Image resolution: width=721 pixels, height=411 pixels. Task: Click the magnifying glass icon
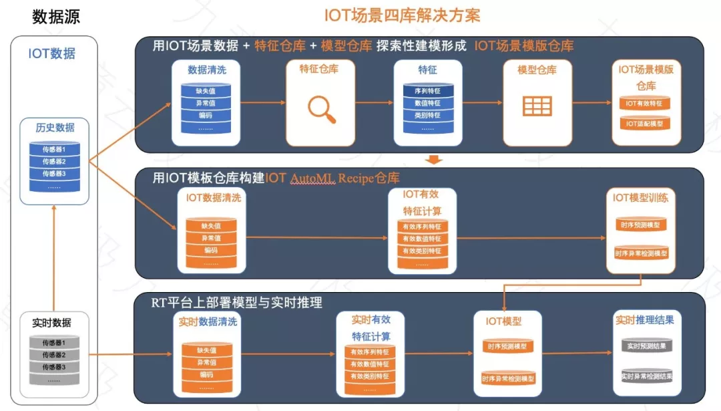[x=322, y=110]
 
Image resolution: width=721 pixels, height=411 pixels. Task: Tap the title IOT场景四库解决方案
[x=402, y=15]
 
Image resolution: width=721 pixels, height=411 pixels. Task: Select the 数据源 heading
[x=56, y=17]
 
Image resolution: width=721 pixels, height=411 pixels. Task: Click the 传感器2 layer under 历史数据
[x=54, y=161]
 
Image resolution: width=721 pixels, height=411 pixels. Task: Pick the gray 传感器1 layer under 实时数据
[x=54, y=343]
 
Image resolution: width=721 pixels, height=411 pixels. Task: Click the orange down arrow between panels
[x=435, y=160]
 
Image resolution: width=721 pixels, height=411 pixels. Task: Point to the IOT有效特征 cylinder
[x=645, y=103]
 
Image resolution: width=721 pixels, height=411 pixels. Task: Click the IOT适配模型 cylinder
[x=645, y=124]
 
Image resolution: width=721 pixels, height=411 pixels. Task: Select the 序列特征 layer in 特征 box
[x=428, y=91]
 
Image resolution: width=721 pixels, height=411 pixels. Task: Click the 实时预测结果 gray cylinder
[x=646, y=346]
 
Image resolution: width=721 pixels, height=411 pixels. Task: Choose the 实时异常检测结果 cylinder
[x=646, y=376]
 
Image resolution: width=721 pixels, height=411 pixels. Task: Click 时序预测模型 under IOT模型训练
[x=641, y=225]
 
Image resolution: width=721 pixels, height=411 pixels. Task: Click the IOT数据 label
[x=51, y=53]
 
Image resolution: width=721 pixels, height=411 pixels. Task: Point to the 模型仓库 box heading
[x=537, y=70]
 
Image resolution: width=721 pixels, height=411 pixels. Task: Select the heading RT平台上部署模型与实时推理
[x=237, y=303]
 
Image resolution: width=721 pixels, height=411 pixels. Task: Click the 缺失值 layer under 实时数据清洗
[x=207, y=350]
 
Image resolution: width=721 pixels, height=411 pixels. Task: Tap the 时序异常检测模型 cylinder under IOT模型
[x=508, y=378]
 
